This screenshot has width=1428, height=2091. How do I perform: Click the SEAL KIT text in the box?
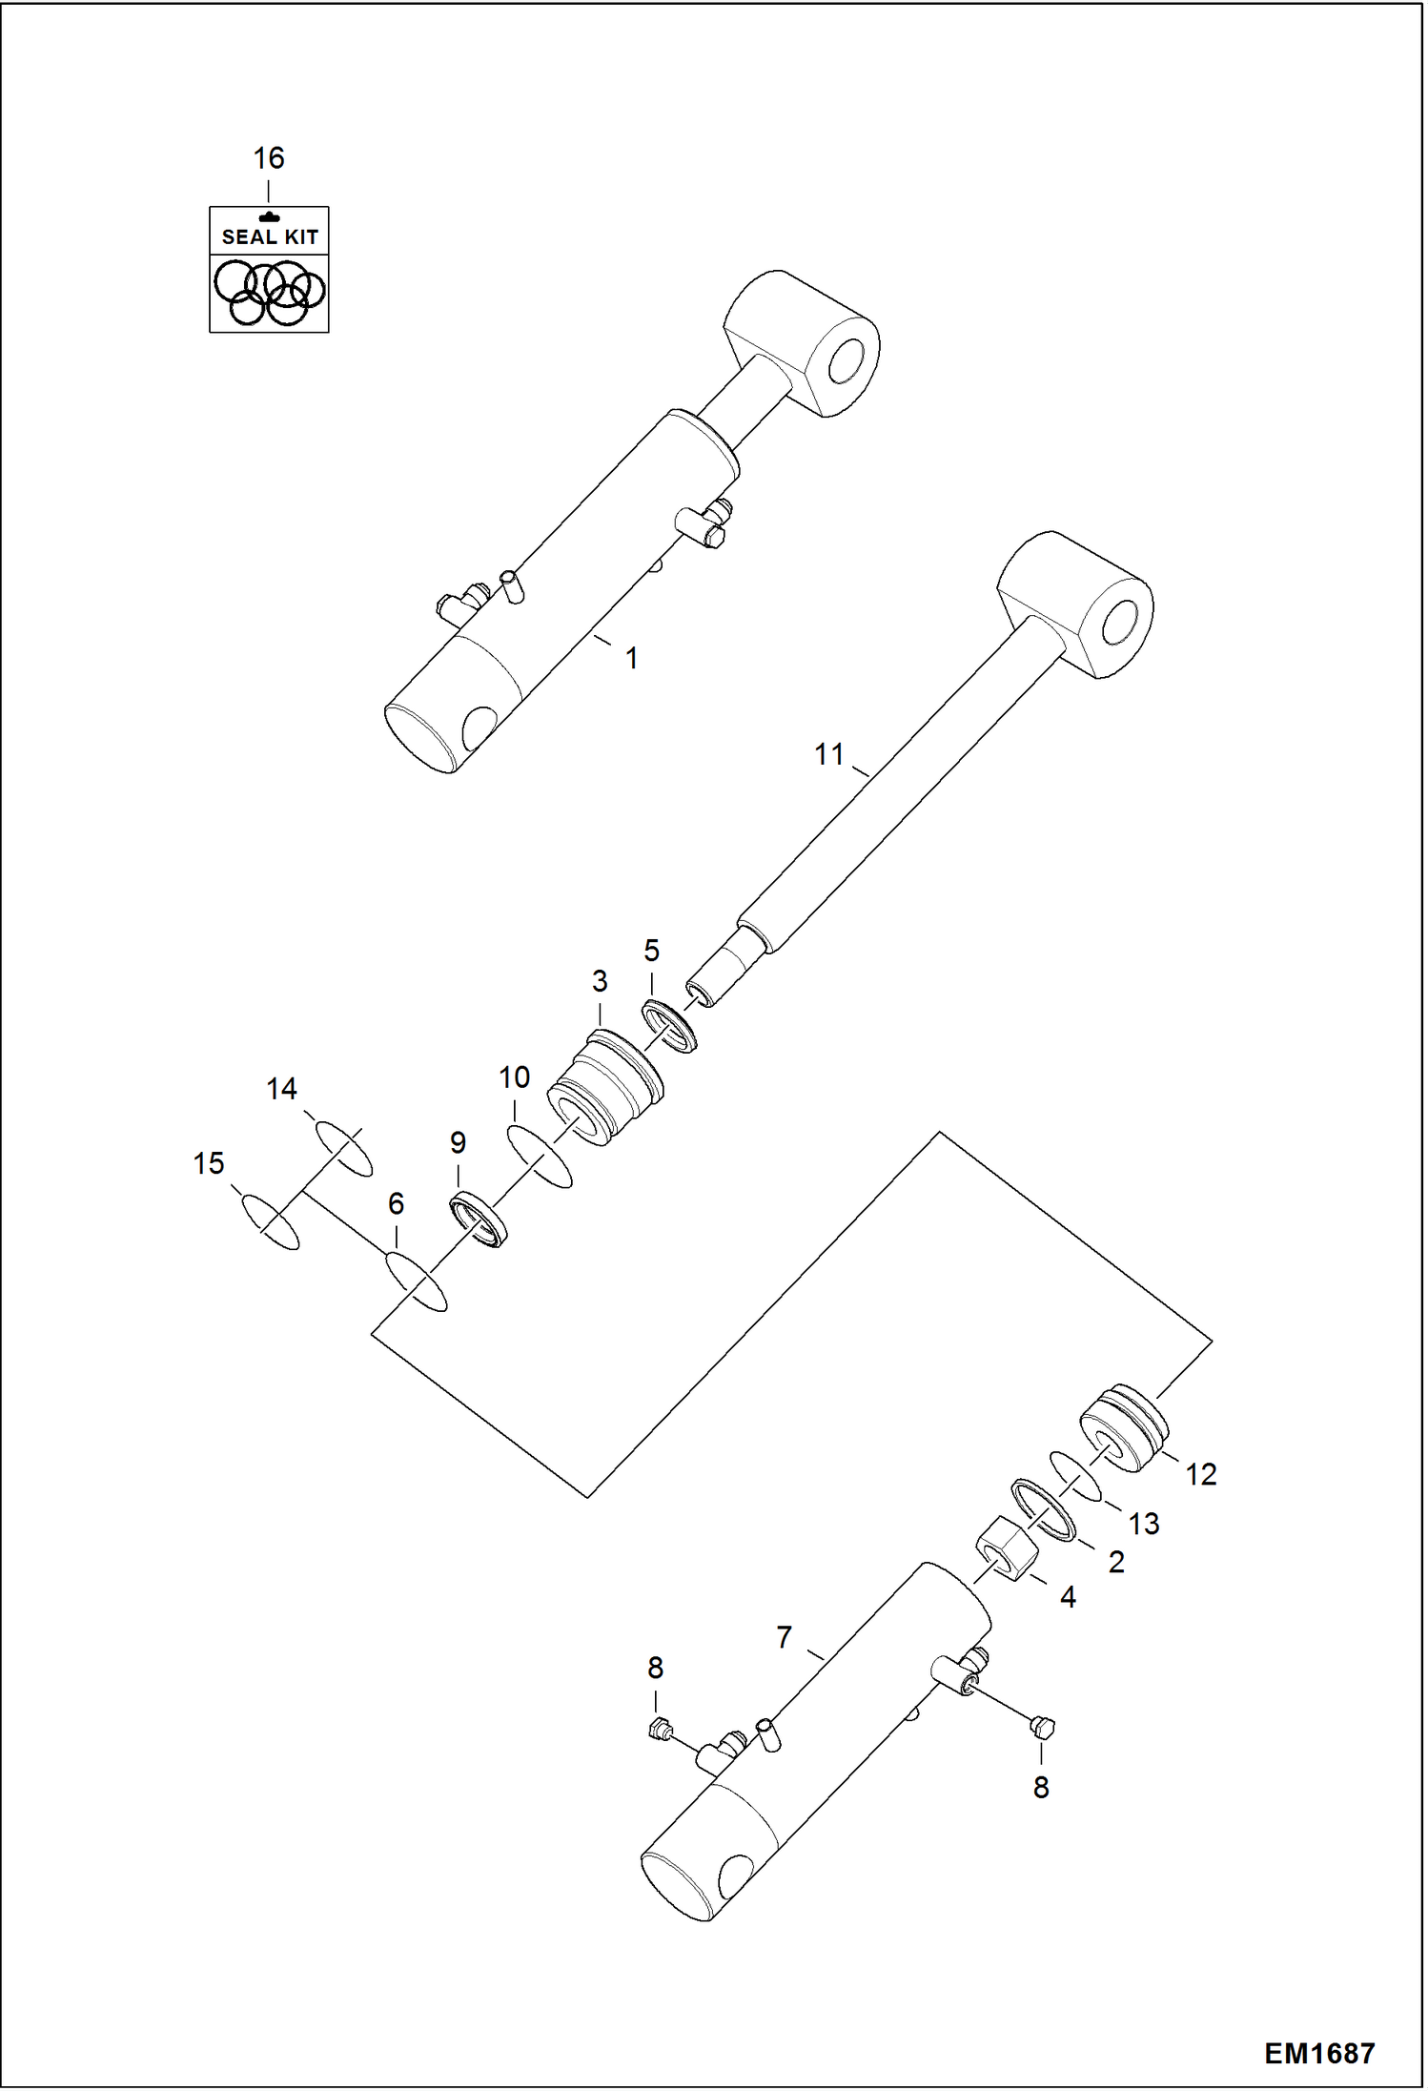270,236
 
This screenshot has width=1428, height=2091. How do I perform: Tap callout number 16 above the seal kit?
269,158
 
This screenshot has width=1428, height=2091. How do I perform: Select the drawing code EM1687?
1319,2053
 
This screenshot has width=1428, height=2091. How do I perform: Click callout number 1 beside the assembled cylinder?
631,658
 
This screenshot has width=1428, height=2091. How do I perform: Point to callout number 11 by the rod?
829,754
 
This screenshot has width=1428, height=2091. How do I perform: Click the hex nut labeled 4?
1007,1549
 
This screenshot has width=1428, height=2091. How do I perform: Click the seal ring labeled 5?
669,1026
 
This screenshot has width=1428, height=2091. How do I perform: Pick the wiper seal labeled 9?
478,1220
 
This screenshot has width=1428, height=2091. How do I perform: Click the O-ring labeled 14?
343,1148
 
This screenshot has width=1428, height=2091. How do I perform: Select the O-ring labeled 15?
270,1221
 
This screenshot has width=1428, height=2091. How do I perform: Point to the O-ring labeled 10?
540,1157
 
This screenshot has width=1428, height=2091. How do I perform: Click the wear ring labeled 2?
1043,1510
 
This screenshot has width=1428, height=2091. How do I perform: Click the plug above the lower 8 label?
1043,1725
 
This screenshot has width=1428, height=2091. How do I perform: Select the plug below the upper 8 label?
657,1728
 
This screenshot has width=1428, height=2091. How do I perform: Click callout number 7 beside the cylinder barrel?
784,1637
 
